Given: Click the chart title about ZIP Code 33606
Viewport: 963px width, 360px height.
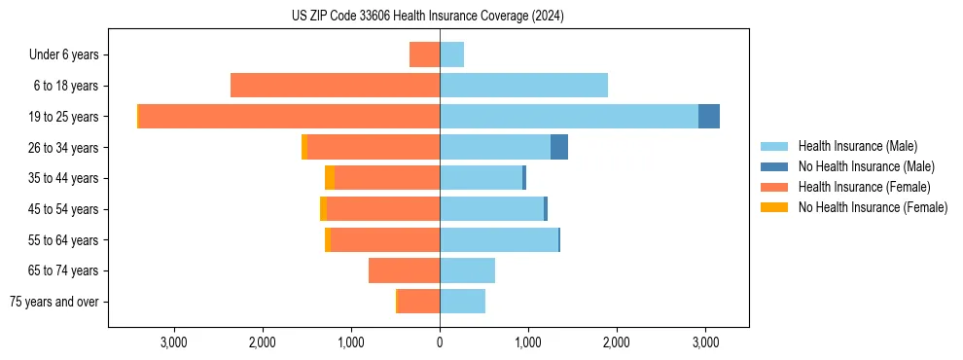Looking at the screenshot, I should click(428, 17).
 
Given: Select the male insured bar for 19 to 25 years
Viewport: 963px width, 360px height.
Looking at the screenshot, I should click(569, 116).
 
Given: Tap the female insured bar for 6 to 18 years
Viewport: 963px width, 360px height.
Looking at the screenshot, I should click(335, 85).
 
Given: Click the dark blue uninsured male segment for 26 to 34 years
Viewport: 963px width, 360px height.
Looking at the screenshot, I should click(559, 147).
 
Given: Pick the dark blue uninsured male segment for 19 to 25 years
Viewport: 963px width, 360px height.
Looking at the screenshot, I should click(709, 116).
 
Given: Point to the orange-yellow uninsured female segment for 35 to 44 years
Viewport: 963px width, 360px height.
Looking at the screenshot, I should click(330, 177).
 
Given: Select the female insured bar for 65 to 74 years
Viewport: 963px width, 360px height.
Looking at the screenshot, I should click(404, 270).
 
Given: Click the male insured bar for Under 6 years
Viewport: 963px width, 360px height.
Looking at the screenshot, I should click(451, 54).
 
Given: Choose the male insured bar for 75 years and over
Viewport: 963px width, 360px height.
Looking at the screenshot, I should click(462, 301).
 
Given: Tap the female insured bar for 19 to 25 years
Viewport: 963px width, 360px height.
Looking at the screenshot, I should click(289, 116).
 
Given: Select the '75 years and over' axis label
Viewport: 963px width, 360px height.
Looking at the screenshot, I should click(53, 302).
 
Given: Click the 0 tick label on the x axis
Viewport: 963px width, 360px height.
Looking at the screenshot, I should click(440, 342).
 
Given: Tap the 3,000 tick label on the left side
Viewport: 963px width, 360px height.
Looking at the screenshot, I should click(174, 342).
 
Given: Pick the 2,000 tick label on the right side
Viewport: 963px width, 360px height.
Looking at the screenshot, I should click(617, 342).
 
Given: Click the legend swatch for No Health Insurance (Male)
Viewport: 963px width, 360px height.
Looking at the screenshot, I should click(775, 166).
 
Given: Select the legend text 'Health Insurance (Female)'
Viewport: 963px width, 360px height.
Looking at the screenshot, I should click(864, 187).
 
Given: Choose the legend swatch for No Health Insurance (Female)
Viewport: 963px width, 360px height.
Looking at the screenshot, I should click(775, 207).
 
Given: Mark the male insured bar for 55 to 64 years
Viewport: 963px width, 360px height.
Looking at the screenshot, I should click(499, 239).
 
